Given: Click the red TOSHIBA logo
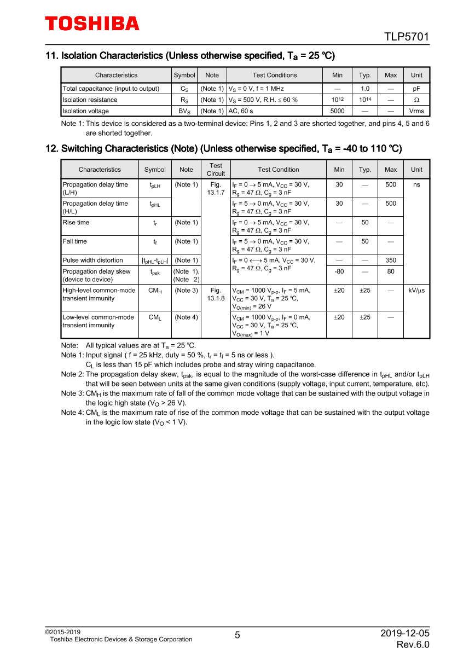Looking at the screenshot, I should [92, 24].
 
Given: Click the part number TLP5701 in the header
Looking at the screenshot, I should [406, 37].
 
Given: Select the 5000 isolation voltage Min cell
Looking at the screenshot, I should [337, 111].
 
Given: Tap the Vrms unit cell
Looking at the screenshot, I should [416, 111].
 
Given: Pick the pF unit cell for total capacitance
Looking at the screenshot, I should [416, 89].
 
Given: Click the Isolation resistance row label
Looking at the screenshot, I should [90, 100].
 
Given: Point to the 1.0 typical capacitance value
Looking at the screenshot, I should [364, 89].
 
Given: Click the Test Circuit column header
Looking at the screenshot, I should [216, 170].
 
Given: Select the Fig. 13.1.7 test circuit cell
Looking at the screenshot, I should [216, 189].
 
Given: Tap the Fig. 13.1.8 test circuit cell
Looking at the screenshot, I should [216, 294].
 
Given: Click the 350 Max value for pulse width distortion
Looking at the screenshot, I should [391, 260].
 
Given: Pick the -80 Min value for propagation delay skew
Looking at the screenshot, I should [339, 271].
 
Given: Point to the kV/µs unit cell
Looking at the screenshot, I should [416, 291].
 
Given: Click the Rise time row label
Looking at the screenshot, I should [76, 223].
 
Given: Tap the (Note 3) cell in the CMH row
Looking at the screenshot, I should [186, 291].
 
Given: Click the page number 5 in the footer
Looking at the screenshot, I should [237, 635].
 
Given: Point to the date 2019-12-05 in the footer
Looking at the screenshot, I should [405, 633].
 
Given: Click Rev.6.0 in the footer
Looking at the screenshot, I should [413, 645].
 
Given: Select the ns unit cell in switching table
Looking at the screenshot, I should [416, 185].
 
